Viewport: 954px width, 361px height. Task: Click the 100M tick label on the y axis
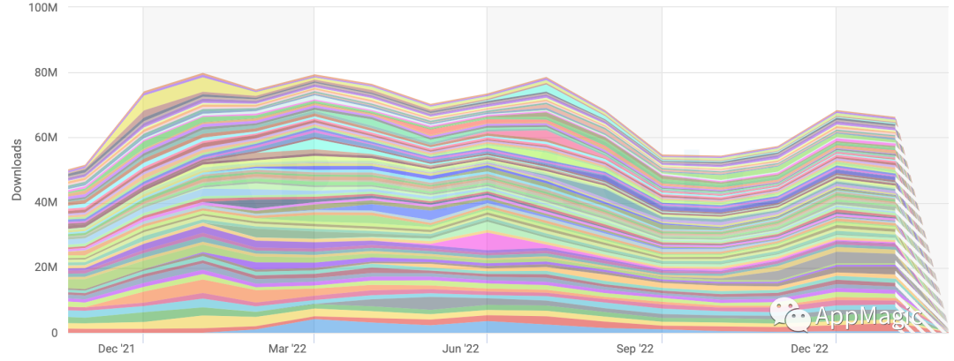[43, 8]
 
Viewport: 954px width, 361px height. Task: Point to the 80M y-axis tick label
[46, 73]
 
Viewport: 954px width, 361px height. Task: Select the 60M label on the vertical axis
[46, 138]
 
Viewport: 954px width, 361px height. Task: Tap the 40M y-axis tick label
[46, 203]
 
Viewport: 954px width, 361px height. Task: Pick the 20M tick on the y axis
[46, 267]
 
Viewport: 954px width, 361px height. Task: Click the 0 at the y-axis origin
[55, 333]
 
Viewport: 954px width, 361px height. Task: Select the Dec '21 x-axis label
[117, 349]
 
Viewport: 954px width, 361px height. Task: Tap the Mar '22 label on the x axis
[287, 349]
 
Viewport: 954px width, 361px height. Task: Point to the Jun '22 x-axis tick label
[461, 349]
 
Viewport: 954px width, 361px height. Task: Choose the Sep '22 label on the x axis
[635, 349]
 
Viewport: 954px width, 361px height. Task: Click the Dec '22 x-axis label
[807, 349]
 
